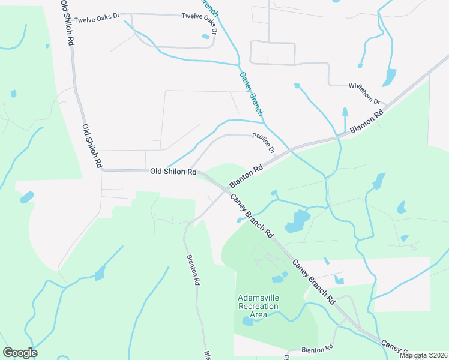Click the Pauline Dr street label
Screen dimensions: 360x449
coord(263,143)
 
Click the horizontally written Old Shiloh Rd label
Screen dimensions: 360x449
coord(173,172)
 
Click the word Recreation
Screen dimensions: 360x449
coord(258,306)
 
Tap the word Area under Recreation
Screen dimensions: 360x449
coord(258,314)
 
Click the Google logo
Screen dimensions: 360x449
coord(20,353)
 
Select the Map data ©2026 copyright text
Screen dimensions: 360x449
coord(423,355)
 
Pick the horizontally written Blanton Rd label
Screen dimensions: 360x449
coord(317,349)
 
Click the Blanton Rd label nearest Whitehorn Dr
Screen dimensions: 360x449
coord(367,122)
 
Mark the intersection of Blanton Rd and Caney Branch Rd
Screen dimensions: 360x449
coord(226,191)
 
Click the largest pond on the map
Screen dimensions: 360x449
coord(297,221)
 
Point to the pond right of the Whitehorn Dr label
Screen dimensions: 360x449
coord(390,77)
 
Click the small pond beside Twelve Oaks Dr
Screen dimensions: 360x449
coord(206,37)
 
